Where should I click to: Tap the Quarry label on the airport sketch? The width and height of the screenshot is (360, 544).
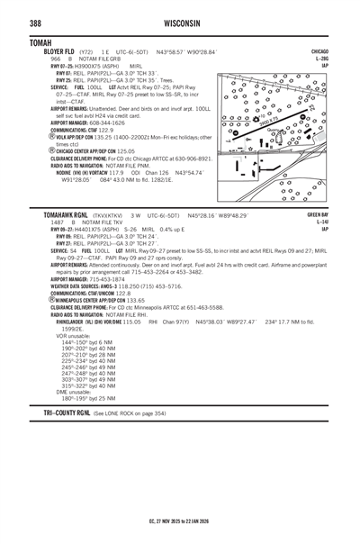[272, 129]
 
